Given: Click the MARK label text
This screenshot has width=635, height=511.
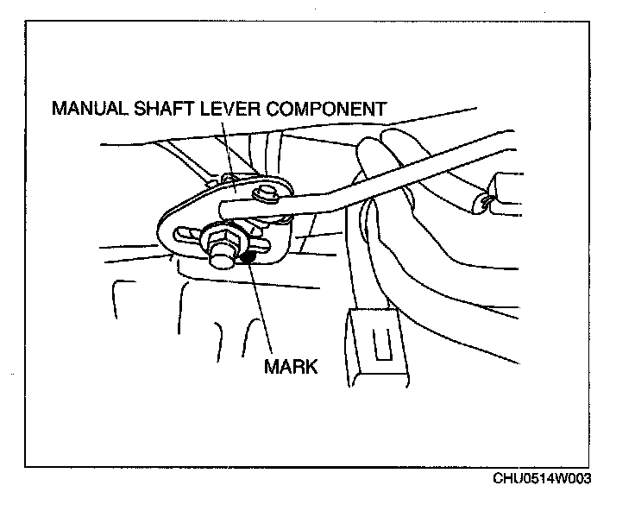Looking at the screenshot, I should pyautogui.click(x=291, y=365).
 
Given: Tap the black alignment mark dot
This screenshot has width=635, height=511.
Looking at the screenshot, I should pyautogui.click(x=248, y=255).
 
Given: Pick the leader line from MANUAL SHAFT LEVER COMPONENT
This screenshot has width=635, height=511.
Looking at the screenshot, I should pyautogui.click(x=226, y=147).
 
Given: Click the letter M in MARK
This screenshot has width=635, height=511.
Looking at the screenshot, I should pyautogui.click(x=271, y=365).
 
